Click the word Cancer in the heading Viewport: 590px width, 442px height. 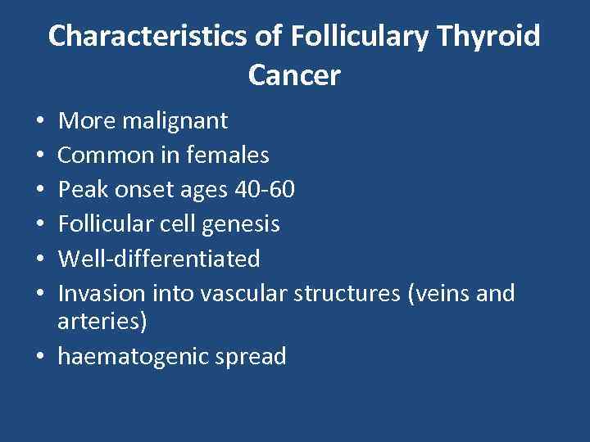point(294,75)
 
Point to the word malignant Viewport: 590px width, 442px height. point(175,121)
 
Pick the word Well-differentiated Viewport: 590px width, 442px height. point(159,259)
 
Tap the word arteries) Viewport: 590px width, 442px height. point(102,322)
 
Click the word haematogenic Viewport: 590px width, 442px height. point(135,357)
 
